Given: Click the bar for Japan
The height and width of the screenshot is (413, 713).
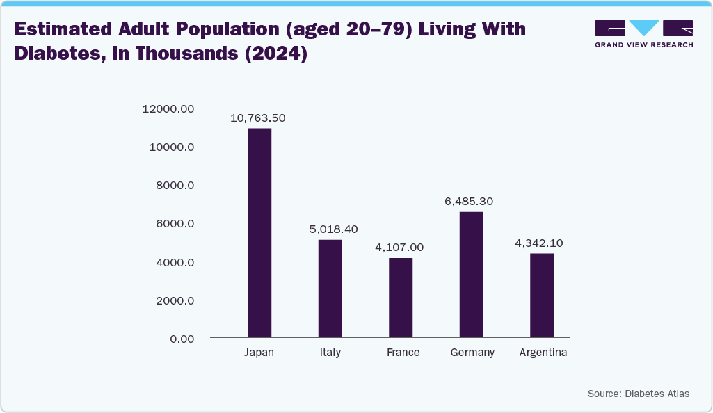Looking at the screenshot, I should [x=259, y=233].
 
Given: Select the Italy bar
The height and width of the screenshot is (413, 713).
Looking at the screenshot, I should [x=330, y=289].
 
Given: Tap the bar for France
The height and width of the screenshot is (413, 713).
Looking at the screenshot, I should [x=401, y=298].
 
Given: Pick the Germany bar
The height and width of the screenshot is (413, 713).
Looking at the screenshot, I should [x=472, y=275].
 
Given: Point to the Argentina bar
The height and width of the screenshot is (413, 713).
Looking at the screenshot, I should [x=542, y=295].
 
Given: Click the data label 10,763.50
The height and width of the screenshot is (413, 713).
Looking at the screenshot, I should [x=258, y=118].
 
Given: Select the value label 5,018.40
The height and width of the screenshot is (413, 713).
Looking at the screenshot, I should [x=330, y=229].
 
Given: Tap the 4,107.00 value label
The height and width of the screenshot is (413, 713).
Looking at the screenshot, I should [x=399, y=247].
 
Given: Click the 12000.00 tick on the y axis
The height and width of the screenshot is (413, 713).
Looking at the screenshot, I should [x=168, y=108].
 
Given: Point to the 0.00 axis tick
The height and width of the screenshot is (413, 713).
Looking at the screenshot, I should [x=180, y=339].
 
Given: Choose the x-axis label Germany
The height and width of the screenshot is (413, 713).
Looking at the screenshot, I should [x=472, y=353].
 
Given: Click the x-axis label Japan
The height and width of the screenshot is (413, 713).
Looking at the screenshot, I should [x=259, y=353].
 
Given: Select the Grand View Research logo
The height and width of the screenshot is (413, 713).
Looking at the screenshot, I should [x=643, y=33].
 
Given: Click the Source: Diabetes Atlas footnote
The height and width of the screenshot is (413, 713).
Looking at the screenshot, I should [x=638, y=394].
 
